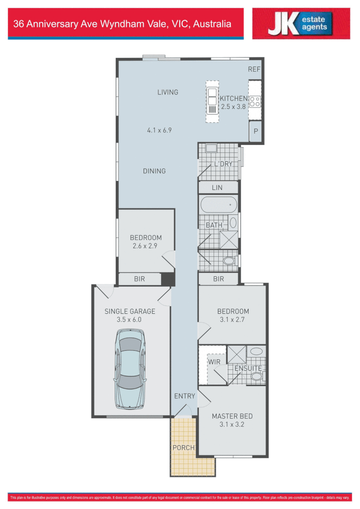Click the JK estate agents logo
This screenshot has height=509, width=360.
pyautogui.click(x=301, y=24)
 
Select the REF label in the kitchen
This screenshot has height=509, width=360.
pyautogui.click(x=254, y=69)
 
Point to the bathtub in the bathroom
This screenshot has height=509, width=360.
pyautogui.click(x=218, y=205)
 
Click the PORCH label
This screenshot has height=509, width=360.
pyautogui.click(x=183, y=448)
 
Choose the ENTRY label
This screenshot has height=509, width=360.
pyautogui.click(x=185, y=396)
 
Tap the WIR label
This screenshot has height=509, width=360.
pyautogui.click(x=214, y=361)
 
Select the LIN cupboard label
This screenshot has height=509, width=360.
pyautogui.click(x=217, y=188)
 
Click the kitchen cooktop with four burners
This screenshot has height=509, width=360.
pyautogui.click(x=255, y=101)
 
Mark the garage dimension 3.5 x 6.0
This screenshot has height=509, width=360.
pyautogui.click(x=130, y=319)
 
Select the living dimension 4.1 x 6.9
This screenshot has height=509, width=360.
pyautogui.click(x=159, y=130)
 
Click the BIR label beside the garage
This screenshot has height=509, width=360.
pyautogui.click(x=139, y=278)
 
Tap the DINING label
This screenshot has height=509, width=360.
pyautogui.click(x=154, y=171)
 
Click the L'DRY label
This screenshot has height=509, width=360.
pyautogui.click(x=223, y=164)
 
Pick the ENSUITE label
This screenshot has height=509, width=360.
pyautogui.click(x=248, y=368)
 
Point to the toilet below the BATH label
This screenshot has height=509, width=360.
pyautogui.click(x=229, y=261)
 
